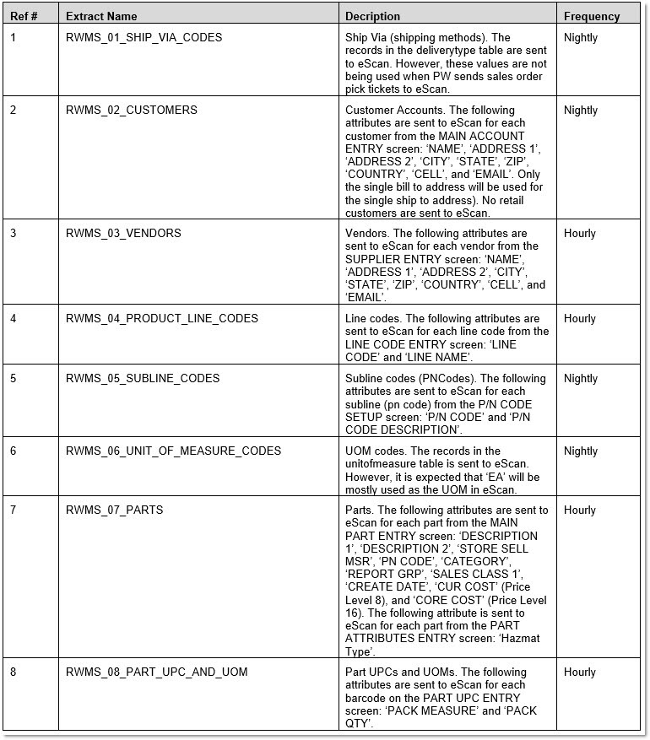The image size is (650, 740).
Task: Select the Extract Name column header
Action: pyautogui.click(x=101, y=16)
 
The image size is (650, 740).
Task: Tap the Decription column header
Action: pyautogui.click(x=373, y=16)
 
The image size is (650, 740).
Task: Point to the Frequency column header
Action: pyautogui.click(x=592, y=16)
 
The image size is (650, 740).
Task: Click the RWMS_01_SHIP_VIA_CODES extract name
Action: pyautogui.click(x=144, y=38)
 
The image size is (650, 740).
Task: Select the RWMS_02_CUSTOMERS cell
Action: pyautogui.click(x=131, y=111)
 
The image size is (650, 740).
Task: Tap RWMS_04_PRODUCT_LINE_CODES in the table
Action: pyautogui.click(x=162, y=319)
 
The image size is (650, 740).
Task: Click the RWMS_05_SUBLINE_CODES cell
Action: pyautogui.click(x=143, y=379)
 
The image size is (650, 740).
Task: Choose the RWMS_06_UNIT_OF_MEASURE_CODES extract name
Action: pyautogui.click(x=173, y=451)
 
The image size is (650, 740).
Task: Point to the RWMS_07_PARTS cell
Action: pyautogui.click(x=114, y=510)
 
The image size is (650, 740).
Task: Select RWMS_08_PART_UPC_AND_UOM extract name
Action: pyautogui.click(x=156, y=672)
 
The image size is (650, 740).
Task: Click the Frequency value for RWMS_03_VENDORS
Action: pyautogui.click(x=580, y=234)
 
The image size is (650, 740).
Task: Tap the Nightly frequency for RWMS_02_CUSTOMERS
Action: pyautogui.click(x=581, y=111)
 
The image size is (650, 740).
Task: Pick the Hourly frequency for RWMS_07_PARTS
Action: pyautogui.click(x=580, y=510)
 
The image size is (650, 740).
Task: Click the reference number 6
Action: pyautogui.click(x=14, y=451)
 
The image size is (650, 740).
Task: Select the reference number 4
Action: pyautogui.click(x=14, y=319)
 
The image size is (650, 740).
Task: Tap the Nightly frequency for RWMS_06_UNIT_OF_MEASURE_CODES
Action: pyautogui.click(x=581, y=451)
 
